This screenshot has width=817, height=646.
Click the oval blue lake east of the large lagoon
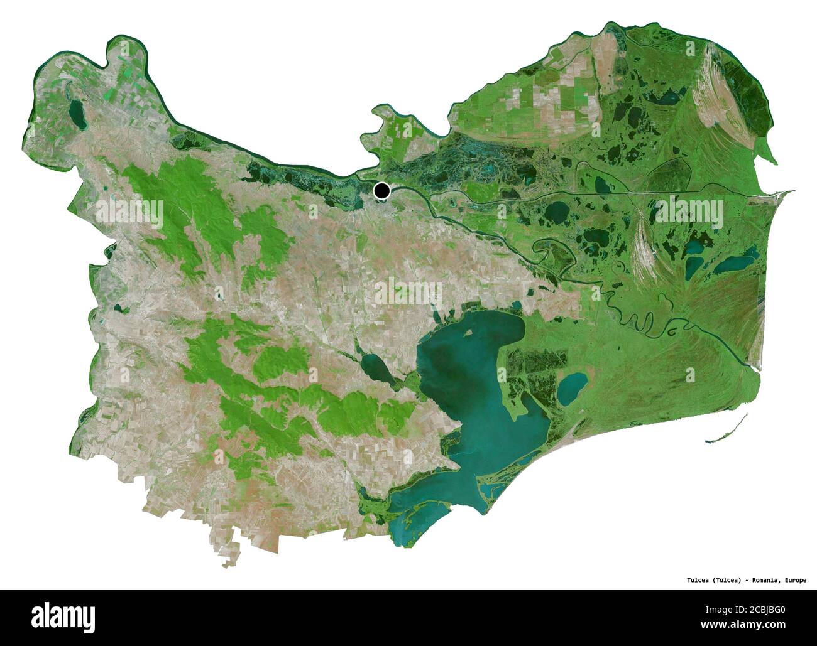coord(572,388)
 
